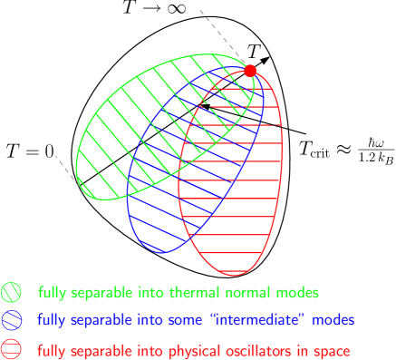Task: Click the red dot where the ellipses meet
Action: click(251, 70)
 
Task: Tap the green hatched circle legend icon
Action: click(12, 293)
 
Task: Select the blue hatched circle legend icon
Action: click(12, 320)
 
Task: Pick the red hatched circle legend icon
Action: click(12, 349)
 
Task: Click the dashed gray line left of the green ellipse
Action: click(64, 166)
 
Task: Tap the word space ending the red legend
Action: click(332, 350)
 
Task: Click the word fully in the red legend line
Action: click(51, 350)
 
